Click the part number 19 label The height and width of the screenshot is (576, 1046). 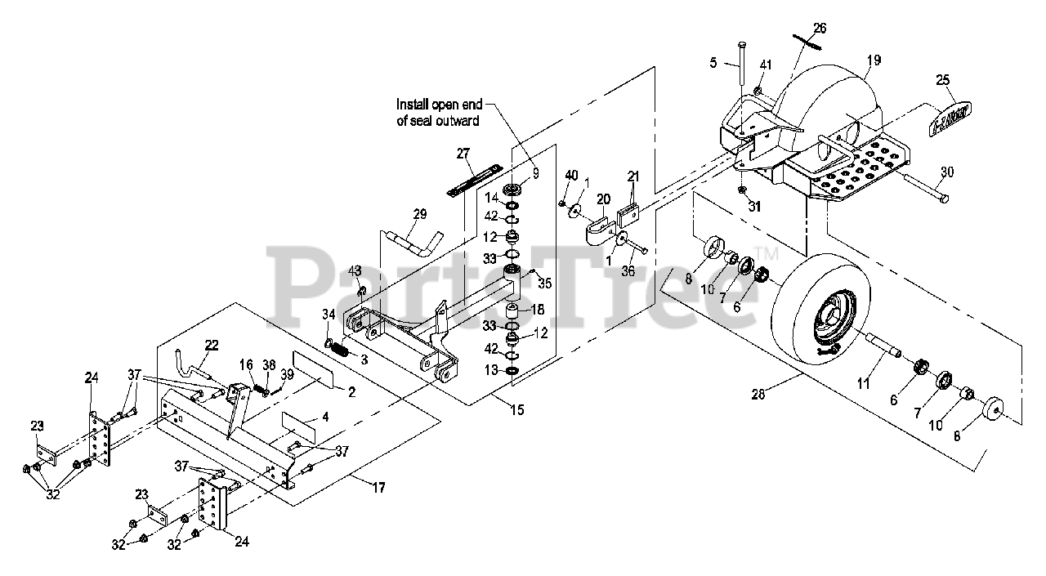point(874,59)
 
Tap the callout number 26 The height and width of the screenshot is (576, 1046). point(820,28)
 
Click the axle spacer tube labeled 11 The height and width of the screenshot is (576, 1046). point(883,343)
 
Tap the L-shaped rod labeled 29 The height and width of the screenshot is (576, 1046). point(417,242)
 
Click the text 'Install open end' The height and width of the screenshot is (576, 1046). point(439,105)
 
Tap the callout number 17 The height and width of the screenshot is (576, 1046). point(378,488)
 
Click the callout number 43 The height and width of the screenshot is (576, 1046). point(355,270)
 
